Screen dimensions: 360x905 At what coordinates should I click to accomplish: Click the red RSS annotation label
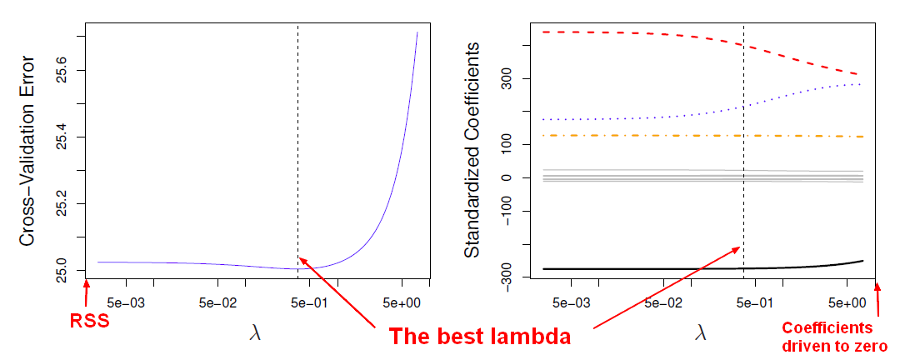click(90, 320)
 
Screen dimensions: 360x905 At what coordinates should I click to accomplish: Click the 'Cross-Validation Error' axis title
click(27, 150)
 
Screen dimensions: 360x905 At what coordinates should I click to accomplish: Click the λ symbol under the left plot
click(255, 332)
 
